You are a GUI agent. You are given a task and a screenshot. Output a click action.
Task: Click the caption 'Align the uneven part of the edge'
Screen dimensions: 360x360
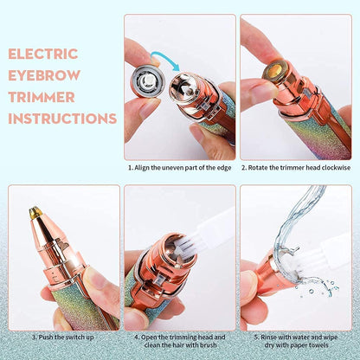[180, 168]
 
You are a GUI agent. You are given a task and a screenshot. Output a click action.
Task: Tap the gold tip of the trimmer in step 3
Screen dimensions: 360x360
[35, 211]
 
